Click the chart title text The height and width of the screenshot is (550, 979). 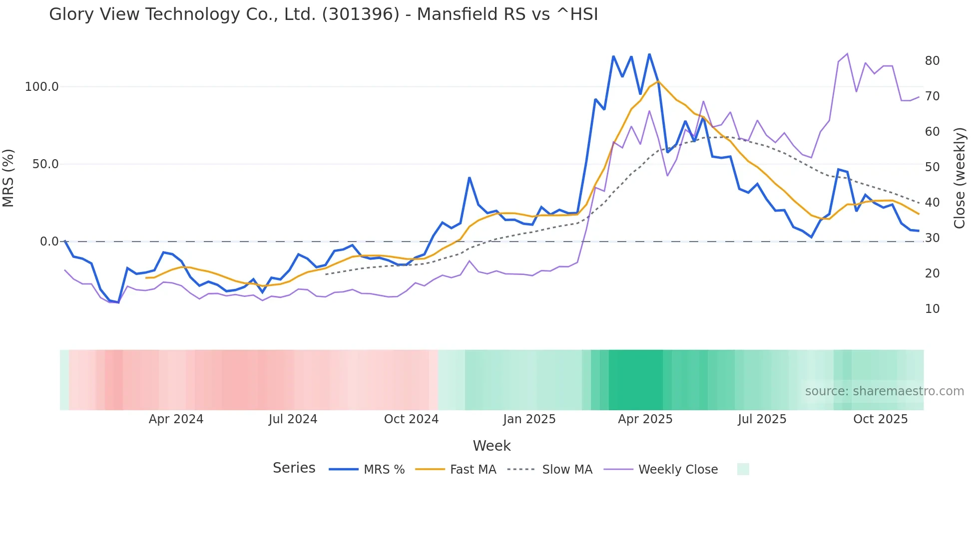(323, 14)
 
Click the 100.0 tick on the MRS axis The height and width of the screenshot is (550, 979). (42, 87)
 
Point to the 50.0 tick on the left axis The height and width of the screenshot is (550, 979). (45, 164)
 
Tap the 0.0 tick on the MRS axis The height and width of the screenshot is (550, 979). (49, 242)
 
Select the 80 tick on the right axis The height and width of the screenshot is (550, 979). (932, 61)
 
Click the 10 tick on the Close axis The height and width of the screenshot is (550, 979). (932, 309)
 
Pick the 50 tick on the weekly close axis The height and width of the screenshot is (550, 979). (932, 167)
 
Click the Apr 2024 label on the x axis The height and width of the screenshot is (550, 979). (176, 419)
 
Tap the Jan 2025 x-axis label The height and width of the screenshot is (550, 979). (529, 419)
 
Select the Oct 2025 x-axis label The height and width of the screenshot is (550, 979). (880, 419)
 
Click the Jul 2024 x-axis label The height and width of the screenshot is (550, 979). (293, 419)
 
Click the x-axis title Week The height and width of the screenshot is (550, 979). (491, 446)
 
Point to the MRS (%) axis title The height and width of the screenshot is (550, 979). (8, 178)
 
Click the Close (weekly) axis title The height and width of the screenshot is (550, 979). (959, 178)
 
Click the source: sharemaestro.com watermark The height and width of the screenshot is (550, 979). (884, 391)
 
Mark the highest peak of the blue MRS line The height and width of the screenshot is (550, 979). (649, 54)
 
